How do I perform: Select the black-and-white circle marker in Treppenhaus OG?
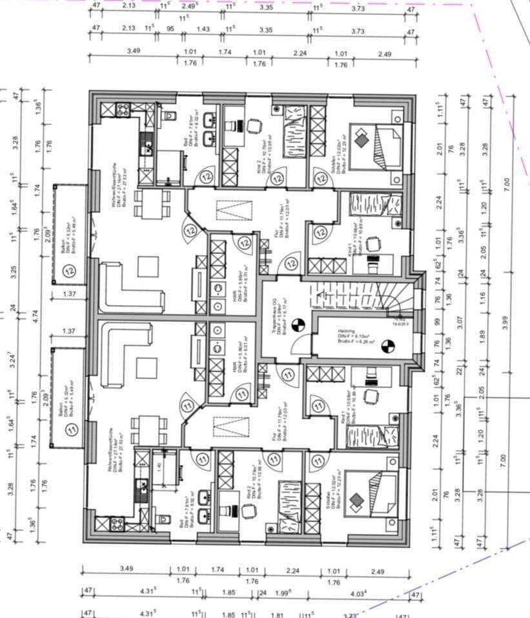298,325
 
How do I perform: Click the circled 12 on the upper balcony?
71,271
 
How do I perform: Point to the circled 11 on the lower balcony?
71,427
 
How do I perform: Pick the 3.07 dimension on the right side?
460,319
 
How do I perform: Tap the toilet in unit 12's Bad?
170,117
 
